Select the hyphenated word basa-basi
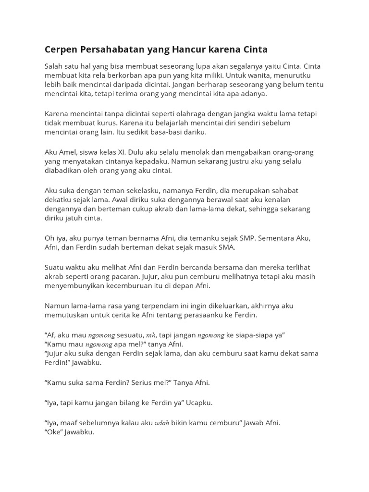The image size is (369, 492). [x=176, y=132]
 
